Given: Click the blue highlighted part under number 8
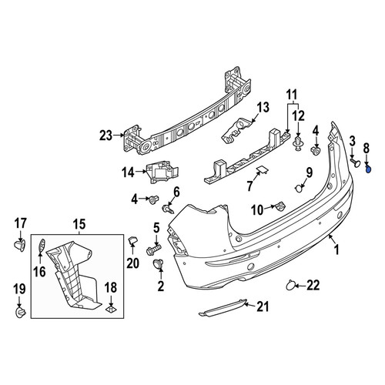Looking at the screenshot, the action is (369, 169).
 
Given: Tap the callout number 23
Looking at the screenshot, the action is (106, 136).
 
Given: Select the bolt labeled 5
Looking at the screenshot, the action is (153, 249).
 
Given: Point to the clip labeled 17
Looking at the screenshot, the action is (20, 245).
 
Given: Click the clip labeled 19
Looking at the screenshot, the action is (20, 312).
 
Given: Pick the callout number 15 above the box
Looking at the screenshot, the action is (79, 224).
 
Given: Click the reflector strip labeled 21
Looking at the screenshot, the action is (223, 307).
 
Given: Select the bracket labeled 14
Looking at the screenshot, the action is (162, 172).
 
